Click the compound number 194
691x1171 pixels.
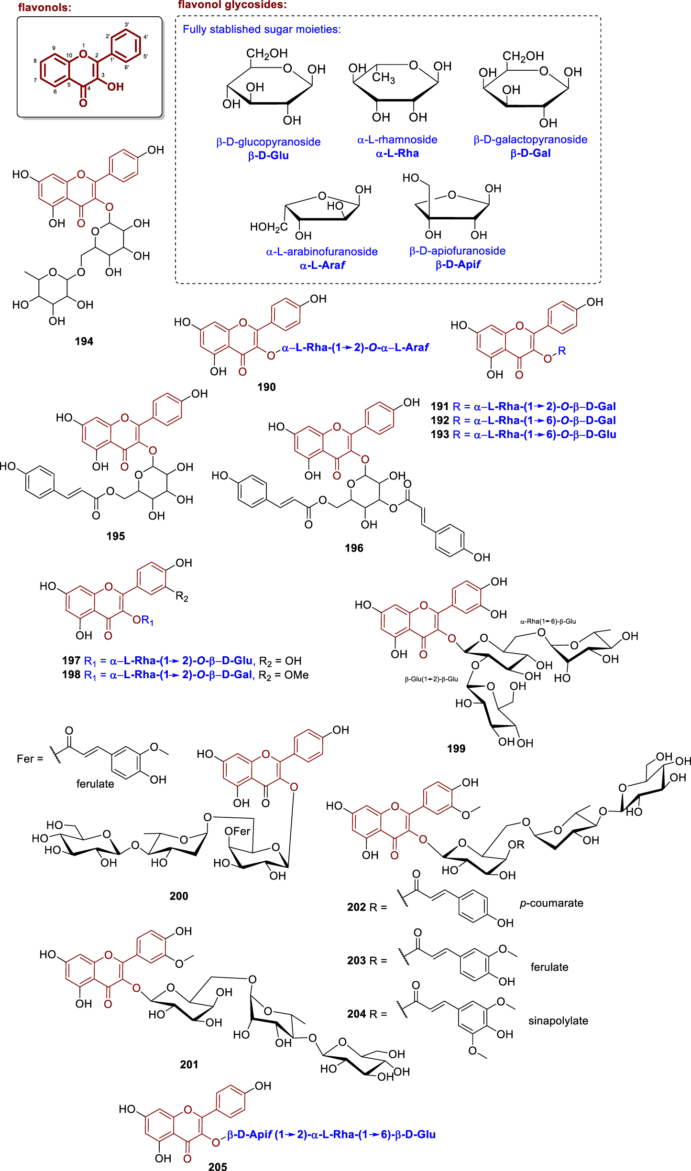pos(84,341)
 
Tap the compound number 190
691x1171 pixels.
pos(266,387)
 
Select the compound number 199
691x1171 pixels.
pos(456,748)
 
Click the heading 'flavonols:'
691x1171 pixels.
pos(44,7)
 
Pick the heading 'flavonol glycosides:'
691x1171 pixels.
pos(232,5)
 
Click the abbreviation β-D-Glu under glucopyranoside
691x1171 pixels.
pos(268,156)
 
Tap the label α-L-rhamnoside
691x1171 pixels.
pos(397,140)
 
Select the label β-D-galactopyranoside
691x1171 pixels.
pos(530,140)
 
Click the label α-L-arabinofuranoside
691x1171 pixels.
pos(322,251)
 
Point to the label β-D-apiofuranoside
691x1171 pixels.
pos(457,251)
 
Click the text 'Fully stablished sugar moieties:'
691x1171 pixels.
pos(262,29)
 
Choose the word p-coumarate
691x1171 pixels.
pos(551,903)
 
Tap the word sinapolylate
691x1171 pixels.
pos(558,1021)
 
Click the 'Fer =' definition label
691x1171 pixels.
pos(30,759)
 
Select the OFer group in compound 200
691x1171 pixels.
pos(238,831)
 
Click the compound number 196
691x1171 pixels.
pos(354,548)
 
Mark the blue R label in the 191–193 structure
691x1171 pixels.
pos(562,351)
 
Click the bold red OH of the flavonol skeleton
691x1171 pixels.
pos(115,87)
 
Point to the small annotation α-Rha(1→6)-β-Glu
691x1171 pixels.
pos(548,621)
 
